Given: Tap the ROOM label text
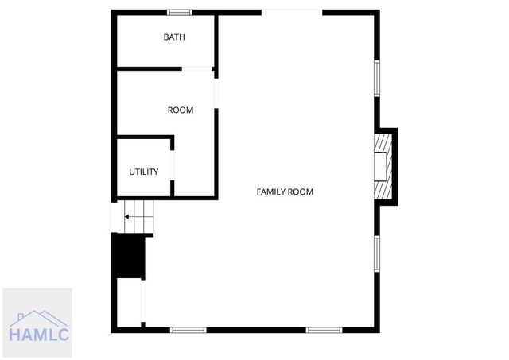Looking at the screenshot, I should (181, 110).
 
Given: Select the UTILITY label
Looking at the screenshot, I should (144, 172).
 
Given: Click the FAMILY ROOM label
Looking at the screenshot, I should (285, 192).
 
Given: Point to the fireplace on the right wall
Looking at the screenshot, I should (385, 167).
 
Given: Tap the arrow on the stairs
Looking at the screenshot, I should (127, 215).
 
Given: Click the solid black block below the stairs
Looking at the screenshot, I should (130, 256).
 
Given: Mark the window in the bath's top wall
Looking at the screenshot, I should (179, 12).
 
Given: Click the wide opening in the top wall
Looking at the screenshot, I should (292, 12).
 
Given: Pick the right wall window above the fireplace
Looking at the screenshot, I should (378, 79).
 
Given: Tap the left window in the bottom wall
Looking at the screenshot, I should (188, 330).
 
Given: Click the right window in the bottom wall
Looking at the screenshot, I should (324, 330).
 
